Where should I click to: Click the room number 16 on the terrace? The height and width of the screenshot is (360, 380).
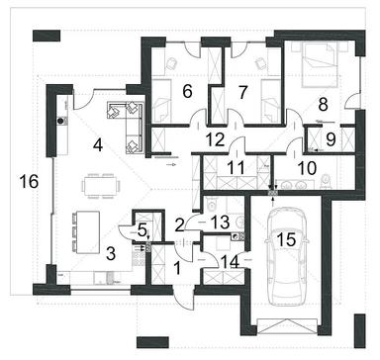pyautogui.click(x=29, y=181)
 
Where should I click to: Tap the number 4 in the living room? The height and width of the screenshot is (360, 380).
pyautogui.click(x=98, y=145)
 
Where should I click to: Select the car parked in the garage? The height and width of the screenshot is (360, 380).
pyautogui.click(x=286, y=257)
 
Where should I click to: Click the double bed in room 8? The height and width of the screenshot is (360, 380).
pyautogui.click(x=320, y=64)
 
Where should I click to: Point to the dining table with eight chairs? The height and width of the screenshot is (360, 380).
pyautogui.click(x=101, y=186)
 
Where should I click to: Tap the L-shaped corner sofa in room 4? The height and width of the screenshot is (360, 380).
pyautogui.click(x=127, y=128)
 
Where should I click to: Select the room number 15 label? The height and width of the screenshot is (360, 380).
pyautogui.click(x=286, y=239)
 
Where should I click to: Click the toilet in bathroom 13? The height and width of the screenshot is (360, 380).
pyautogui.click(x=210, y=205)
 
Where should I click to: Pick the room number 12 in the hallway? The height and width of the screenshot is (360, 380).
pyautogui.click(x=217, y=139)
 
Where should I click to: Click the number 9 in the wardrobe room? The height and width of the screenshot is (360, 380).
pyautogui.click(x=331, y=139)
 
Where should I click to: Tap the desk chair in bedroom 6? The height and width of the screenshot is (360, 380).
pyautogui.click(x=171, y=63)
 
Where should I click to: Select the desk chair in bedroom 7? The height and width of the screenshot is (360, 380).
pyautogui.click(x=260, y=63)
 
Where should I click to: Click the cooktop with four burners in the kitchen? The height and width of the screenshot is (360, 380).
pyautogui.click(x=139, y=257)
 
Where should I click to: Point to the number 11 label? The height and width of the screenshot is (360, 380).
pyautogui.click(x=237, y=167)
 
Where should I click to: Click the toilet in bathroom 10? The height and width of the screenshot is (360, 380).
pyautogui.click(x=327, y=181)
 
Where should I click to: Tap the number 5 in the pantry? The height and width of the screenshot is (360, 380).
pyautogui.click(x=142, y=230)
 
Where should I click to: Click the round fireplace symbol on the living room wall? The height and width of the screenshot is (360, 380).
pyautogui.click(x=60, y=121)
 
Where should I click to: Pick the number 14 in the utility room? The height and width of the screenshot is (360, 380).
pyautogui.click(x=231, y=262)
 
